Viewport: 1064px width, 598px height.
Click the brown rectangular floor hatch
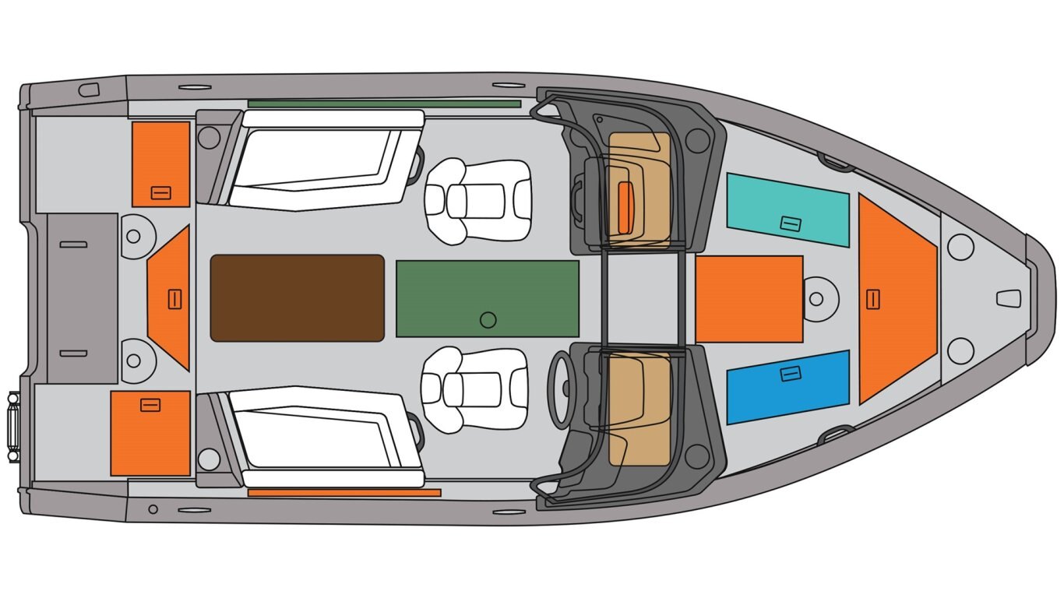tap(297, 298)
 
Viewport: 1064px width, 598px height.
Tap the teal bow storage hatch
tap(787, 209)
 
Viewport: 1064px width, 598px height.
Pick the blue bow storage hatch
tap(787, 387)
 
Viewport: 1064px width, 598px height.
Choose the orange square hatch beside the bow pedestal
tap(749, 299)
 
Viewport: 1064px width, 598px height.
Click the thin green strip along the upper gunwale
tap(384, 104)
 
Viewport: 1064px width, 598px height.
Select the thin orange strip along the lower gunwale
tap(344, 493)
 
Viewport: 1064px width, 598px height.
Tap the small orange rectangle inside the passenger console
tap(625, 208)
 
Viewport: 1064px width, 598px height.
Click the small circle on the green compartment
tap(488, 319)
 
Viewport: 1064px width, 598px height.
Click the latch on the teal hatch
tap(791, 224)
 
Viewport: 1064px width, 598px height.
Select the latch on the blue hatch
tap(791, 375)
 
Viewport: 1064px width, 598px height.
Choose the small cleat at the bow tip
tap(1008, 298)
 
